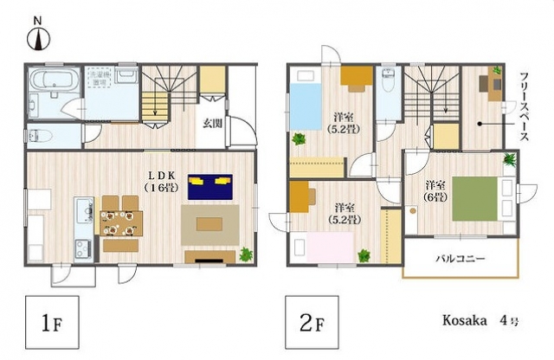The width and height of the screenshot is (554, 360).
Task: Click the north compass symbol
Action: point(38,35)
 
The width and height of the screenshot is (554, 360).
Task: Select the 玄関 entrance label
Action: point(214,122)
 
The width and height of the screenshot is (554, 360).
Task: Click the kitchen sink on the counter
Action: point(85,210)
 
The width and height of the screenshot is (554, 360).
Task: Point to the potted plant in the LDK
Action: point(245,254)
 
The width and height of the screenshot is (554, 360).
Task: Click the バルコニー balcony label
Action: point(460,259)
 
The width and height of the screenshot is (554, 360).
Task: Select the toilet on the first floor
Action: point(44,136)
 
